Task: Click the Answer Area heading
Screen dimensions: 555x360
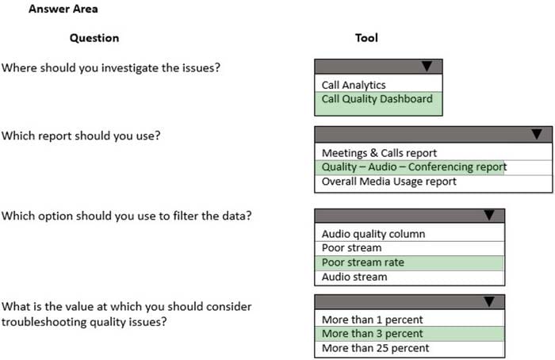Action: pyautogui.click(x=63, y=9)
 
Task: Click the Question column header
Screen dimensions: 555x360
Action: pyautogui.click(x=94, y=38)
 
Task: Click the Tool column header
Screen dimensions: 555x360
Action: pyautogui.click(x=366, y=37)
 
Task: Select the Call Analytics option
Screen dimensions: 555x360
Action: pyautogui.click(x=354, y=85)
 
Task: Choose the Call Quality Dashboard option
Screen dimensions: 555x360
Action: pyautogui.click(x=377, y=99)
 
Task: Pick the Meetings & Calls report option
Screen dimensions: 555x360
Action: pyautogui.click(x=379, y=153)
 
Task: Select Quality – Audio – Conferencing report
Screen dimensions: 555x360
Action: pyautogui.click(x=414, y=167)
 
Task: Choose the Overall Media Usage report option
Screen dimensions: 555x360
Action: pyautogui.click(x=389, y=182)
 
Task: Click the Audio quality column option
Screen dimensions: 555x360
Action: pyautogui.click(x=373, y=234)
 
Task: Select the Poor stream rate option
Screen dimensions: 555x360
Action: pyautogui.click(x=363, y=262)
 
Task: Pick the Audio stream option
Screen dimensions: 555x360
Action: pyautogui.click(x=354, y=277)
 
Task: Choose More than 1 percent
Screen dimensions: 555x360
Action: pyautogui.click(x=373, y=320)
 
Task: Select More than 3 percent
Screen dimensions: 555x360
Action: pyautogui.click(x=373, y=334)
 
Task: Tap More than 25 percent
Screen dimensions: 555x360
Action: pyautogui.click(x=375, y=348)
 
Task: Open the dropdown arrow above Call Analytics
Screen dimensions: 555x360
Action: pyautogui.click(x=427, y=66)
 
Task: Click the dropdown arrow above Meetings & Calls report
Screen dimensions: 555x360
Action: pyautogui.click(x=537, y=134)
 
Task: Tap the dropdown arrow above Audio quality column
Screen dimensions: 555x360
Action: pyautogui.click(x=489, y=215)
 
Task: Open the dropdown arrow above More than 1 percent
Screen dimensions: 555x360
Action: pyautogui.click(x=489, y=301)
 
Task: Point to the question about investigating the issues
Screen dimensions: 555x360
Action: pyautogui.click(x=111, y=67)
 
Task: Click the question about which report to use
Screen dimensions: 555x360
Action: pyautogui.click(x=81, y=136)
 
